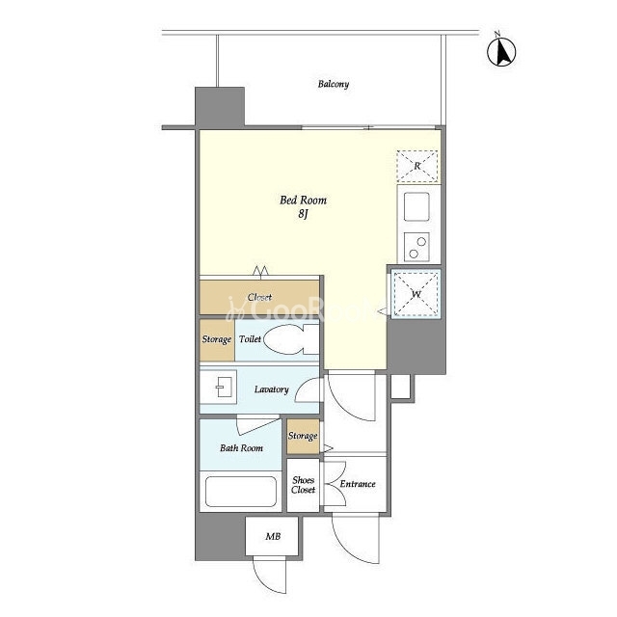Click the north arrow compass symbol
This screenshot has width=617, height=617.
[501, 51]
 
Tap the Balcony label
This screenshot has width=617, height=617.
[334, 84]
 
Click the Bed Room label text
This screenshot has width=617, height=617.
[303, 201]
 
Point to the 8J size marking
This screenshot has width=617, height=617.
[303, 214]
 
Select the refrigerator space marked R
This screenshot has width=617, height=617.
[417, 166]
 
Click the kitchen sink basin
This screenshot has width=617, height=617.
[416, 206]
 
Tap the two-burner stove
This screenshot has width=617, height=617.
[416, 247]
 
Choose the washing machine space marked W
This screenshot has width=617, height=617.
[416, 294]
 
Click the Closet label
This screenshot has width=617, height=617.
[259, 297]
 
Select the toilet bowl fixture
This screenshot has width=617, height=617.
[291, 339]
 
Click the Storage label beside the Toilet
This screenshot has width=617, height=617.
[216, 339]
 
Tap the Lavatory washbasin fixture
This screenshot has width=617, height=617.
[219, 387]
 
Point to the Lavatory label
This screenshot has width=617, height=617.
[272, 389]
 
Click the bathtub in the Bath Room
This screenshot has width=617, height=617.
[241, 492]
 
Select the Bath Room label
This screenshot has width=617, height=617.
[241, 447]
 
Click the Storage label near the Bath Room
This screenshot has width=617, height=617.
[303, 436]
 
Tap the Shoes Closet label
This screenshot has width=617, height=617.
[303, 485]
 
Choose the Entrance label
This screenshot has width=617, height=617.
[358, 484]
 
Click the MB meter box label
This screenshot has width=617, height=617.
[273, 536]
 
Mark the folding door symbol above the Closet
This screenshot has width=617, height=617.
[260, 271]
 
